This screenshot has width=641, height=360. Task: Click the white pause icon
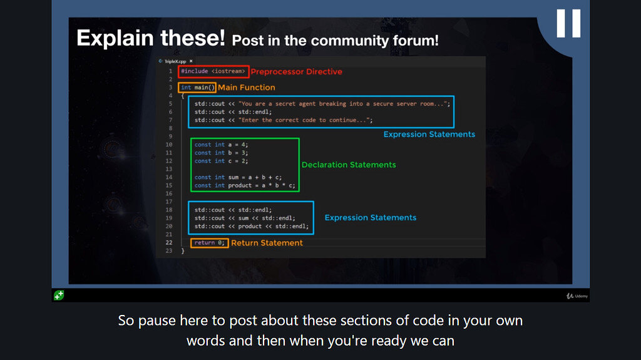[568, 24]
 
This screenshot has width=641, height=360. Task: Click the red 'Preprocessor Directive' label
[296, 72]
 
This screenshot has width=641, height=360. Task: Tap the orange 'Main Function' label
[246, 88]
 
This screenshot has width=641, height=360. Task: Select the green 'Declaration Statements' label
[349, 165]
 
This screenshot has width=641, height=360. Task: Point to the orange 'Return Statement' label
[267, 243]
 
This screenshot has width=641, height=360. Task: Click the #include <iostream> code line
[213, 71]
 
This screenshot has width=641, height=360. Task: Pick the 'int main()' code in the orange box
[198, 88]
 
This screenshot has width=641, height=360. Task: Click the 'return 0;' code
[209, 243]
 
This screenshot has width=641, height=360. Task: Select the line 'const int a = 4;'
[222, 145]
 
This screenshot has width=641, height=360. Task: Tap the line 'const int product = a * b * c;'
[245, 185]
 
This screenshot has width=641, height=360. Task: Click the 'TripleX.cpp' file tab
[175, 61]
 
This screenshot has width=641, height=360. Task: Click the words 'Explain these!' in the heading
[150, 38]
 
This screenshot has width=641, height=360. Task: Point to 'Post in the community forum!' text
[335, 41]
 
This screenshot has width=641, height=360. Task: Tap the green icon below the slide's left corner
[58, 295]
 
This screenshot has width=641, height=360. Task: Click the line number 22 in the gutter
[168, 243]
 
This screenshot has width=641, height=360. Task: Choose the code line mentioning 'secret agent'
[322, 104]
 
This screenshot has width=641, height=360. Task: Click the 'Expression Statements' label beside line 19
[370, 218]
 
